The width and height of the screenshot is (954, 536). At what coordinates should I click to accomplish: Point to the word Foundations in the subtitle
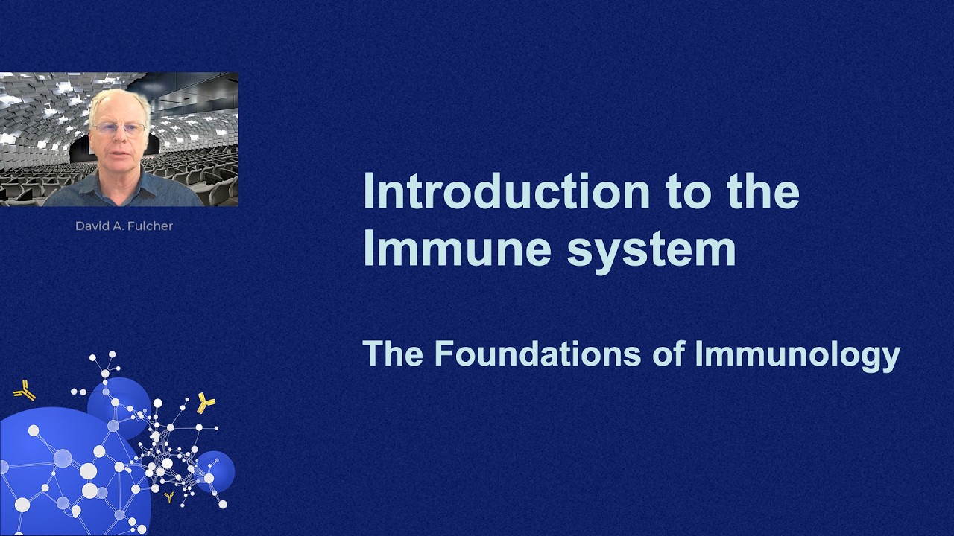click(x=537, y=354)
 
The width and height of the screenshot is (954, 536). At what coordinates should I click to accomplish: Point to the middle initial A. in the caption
click(x=119, y=226)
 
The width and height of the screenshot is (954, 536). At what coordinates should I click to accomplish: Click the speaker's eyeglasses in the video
click(x=119, y=129)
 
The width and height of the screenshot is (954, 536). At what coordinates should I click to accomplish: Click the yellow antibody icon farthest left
click(x=25, y=390)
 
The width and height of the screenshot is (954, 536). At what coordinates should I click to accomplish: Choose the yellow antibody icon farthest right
click(x=205, y=403)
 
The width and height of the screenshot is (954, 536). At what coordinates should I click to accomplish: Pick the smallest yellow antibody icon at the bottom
click(x=170, y=497)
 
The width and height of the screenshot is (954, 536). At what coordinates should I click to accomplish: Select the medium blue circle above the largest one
click(x=119, y=406)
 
